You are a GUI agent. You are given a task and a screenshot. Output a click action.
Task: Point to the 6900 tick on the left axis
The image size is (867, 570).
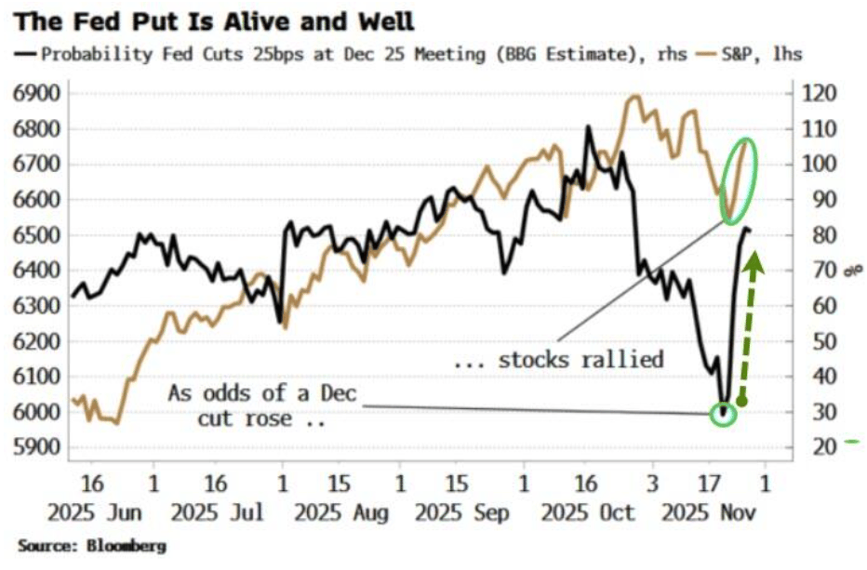click(33, 94)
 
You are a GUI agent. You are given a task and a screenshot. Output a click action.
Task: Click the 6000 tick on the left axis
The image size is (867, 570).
click(33, 412)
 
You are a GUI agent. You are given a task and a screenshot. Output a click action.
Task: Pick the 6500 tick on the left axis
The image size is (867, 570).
click(33, 235)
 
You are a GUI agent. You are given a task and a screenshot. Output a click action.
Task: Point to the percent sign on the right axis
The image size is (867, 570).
click(848, 271)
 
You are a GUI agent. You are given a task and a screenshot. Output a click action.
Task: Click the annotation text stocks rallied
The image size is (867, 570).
click(558, 360)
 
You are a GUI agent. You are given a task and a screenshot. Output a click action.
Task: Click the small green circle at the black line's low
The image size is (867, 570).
click(724, 413)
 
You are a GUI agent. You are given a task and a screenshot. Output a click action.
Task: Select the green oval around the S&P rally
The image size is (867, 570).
click(741, 168)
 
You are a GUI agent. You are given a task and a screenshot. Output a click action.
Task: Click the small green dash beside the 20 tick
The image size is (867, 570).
click(853, 443)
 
